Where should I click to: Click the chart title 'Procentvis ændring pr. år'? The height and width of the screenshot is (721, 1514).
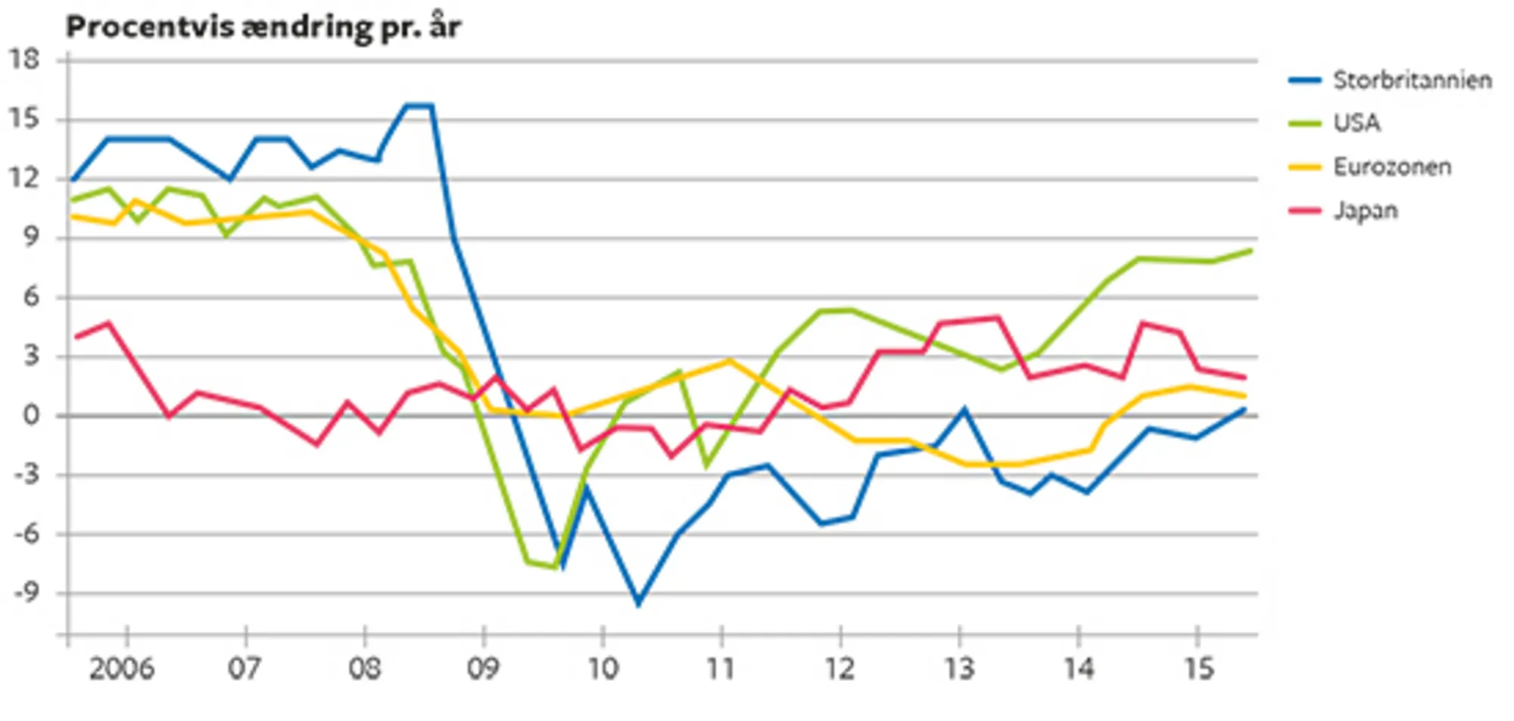point(263,27)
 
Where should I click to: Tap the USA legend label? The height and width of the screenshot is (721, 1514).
point(1357,123)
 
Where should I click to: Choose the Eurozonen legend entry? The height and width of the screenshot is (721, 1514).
point(1391,166)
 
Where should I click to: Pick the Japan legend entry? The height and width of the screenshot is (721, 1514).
point(1365,210)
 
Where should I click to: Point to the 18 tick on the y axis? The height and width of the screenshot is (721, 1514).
point(24,60)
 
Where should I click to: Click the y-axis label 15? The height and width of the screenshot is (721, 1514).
point(24,119)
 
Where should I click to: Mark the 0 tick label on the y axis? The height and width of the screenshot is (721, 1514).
point(30,415)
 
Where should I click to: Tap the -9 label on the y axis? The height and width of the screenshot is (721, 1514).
point(26,592)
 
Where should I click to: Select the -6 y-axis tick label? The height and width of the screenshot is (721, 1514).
point(26,533)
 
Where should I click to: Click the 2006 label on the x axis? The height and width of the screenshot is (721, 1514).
point(121,669)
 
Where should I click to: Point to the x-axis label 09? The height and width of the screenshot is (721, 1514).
point(483,669)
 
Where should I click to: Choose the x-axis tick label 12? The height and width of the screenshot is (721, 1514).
point(840,669)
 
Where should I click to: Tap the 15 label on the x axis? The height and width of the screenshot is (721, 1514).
point(1198,669)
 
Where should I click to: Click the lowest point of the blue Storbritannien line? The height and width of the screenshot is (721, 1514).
point(638,604)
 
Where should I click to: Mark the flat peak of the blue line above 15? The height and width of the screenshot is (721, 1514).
point(419,106)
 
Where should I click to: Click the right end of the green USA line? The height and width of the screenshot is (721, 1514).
point(1251,250)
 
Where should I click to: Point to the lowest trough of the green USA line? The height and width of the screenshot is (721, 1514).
point(557,567)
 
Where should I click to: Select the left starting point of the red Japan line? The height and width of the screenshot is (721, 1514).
point(75,337)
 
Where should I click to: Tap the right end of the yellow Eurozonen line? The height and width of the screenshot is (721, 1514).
point(1245,396)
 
